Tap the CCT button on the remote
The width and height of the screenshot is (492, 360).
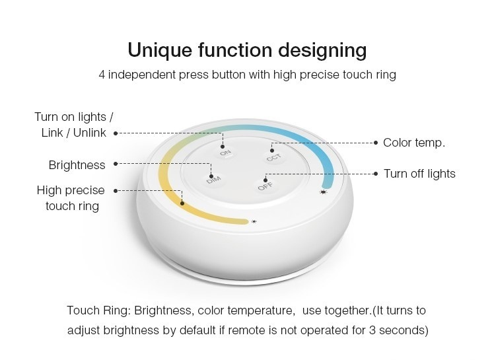[274, 157]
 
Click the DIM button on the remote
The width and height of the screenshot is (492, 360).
[214, 180]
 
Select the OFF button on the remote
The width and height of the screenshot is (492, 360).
[265, 186]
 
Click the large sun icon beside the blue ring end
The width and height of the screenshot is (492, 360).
[323, 192]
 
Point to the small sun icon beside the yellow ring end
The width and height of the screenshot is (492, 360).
[254, 221]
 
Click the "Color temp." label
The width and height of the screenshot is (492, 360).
[414, 143]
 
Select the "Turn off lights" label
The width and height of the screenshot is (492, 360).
[419, 174]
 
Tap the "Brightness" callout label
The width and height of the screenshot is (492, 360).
[77, 165]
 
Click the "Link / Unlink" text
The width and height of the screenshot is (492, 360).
[74, 133]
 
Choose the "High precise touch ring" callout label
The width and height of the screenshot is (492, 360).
[71, 198]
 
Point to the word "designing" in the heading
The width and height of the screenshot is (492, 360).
[322, 51]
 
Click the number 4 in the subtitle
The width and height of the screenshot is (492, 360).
[102, 75]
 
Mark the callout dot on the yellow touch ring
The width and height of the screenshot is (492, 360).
[182, 203]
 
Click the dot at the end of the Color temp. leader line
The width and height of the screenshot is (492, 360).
[376, 143]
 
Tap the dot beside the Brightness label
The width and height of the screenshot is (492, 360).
[116, 164]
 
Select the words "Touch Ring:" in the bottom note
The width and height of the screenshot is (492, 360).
[99, 310]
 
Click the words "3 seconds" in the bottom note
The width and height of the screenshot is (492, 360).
[398, 330]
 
